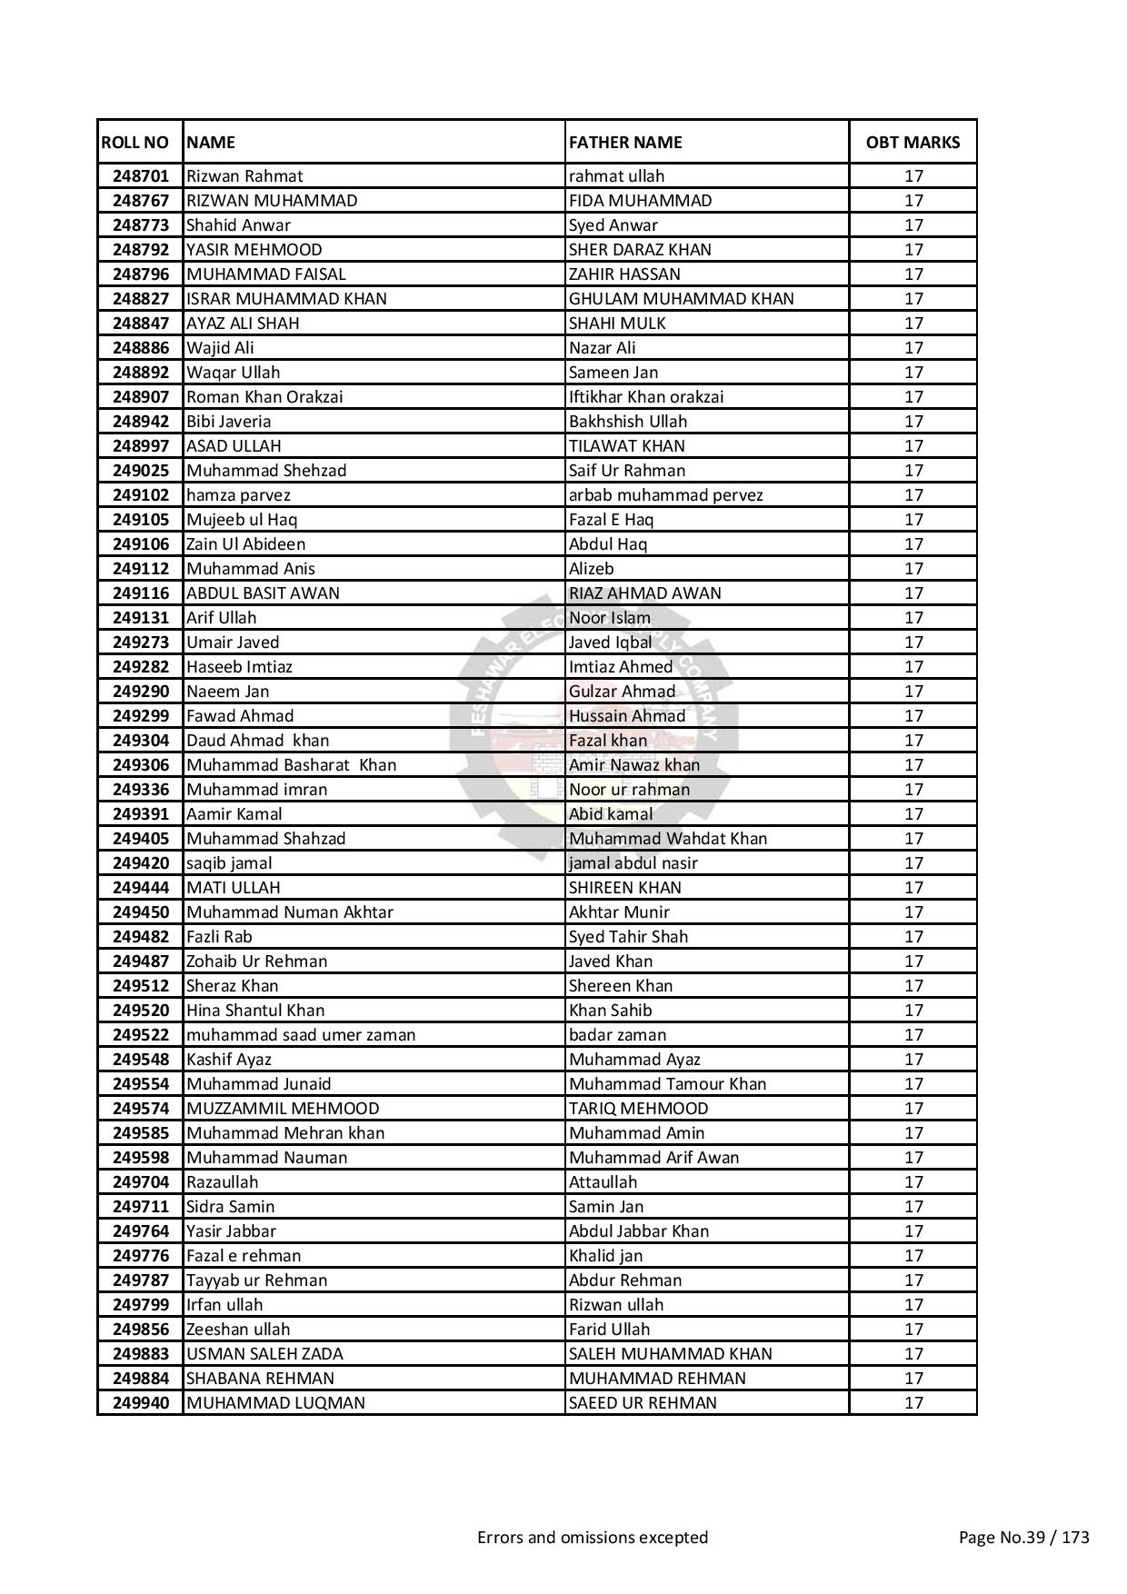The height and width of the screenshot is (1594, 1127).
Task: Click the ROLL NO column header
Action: (135, 142)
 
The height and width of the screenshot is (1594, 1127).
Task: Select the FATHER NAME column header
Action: (625, 142)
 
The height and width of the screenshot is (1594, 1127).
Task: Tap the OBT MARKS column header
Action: (913, 142)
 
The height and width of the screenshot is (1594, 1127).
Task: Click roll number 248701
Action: (141, 176)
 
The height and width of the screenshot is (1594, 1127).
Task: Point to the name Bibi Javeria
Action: (228, 422)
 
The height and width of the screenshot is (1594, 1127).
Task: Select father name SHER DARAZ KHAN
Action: (640, 250)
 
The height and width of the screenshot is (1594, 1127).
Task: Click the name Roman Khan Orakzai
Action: (264, 397)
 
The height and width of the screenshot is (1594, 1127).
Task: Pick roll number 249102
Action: (141, 495)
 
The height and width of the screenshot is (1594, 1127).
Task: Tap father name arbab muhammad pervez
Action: (665, 495)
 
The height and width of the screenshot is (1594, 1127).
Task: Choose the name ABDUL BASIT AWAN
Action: (263, 593)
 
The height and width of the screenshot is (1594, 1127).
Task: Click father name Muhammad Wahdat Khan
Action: (668, 839)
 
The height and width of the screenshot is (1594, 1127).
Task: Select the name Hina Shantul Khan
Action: (254, 1011)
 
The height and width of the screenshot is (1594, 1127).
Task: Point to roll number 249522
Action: (141, 1035)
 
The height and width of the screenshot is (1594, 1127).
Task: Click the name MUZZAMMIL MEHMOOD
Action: (283, 1109)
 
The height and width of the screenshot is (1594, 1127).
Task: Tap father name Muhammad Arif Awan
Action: (653, 1158)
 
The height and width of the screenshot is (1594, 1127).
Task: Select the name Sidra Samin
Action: (230, 1207)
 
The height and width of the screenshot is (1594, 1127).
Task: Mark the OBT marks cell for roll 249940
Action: (913, 1403)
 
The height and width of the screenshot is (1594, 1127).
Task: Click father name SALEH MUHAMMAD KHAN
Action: (670, 1354)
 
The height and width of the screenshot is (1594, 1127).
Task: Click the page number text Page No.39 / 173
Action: (1023, 1538)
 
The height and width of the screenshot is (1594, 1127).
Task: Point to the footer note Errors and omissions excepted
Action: (593, 1538)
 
